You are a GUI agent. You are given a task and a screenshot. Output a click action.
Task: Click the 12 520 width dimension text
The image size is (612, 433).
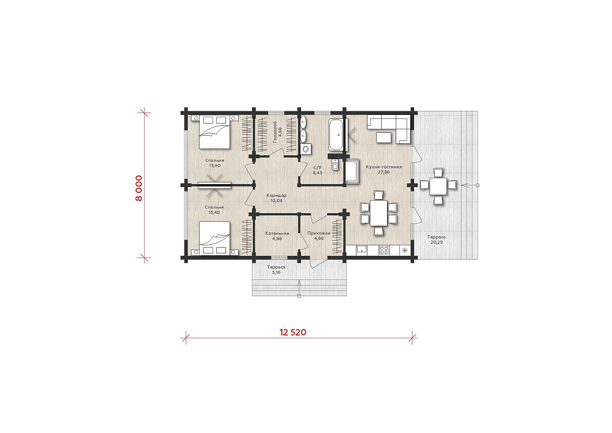[292, 332]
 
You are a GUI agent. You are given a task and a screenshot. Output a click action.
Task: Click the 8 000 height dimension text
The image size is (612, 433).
[138, 188]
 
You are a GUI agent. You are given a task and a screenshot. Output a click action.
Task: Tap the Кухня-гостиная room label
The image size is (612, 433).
[384, 169]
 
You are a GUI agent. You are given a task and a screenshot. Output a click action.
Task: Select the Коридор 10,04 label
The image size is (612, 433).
[276, 198]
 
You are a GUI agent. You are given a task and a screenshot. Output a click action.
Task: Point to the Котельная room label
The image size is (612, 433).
[277, 236]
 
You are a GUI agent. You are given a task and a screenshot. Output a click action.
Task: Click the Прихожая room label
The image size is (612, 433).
[318, 236]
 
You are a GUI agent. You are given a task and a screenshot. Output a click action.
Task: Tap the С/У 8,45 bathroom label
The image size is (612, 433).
[317, 170]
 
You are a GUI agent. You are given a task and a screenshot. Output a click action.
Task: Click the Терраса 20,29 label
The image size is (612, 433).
[437, 240]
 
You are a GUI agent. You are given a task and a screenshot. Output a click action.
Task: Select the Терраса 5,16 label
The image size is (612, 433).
[276, 270]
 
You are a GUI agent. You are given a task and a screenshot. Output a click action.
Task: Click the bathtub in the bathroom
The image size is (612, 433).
[336, 135]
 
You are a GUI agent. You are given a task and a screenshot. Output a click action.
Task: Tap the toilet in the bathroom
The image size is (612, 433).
[335, 165]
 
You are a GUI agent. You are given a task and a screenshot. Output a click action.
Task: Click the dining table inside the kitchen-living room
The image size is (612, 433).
[378, 214]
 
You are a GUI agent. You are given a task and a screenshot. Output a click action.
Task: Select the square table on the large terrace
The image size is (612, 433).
[438, 186]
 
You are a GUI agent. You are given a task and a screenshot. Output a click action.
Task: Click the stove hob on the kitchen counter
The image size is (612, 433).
[384, 250]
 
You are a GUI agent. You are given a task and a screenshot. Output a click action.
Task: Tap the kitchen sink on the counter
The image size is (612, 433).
[362, 250]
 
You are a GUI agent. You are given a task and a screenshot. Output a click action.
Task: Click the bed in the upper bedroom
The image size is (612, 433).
[214, 132]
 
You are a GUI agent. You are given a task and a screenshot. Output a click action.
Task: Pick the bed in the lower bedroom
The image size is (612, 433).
[214, 238]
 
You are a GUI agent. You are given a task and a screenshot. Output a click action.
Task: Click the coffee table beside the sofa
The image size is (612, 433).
[384, 137]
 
